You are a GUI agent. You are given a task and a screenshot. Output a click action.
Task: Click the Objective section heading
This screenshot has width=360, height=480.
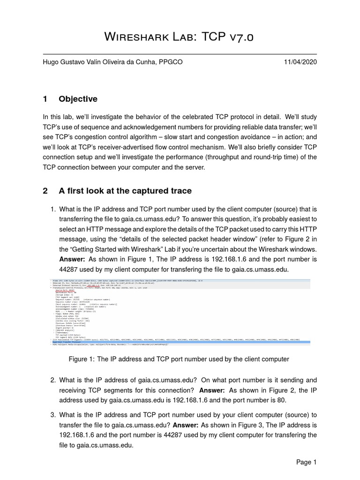coord(78,99)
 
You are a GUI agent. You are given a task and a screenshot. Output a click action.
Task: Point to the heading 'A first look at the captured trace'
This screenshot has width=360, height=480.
coord(125,191)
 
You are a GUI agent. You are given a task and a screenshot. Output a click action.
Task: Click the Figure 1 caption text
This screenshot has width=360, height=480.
coord(180,359)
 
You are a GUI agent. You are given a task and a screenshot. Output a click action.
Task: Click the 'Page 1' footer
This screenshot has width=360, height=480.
coord(307,462)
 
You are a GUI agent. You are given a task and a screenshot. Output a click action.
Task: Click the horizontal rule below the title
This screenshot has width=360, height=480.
coord(180,54)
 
